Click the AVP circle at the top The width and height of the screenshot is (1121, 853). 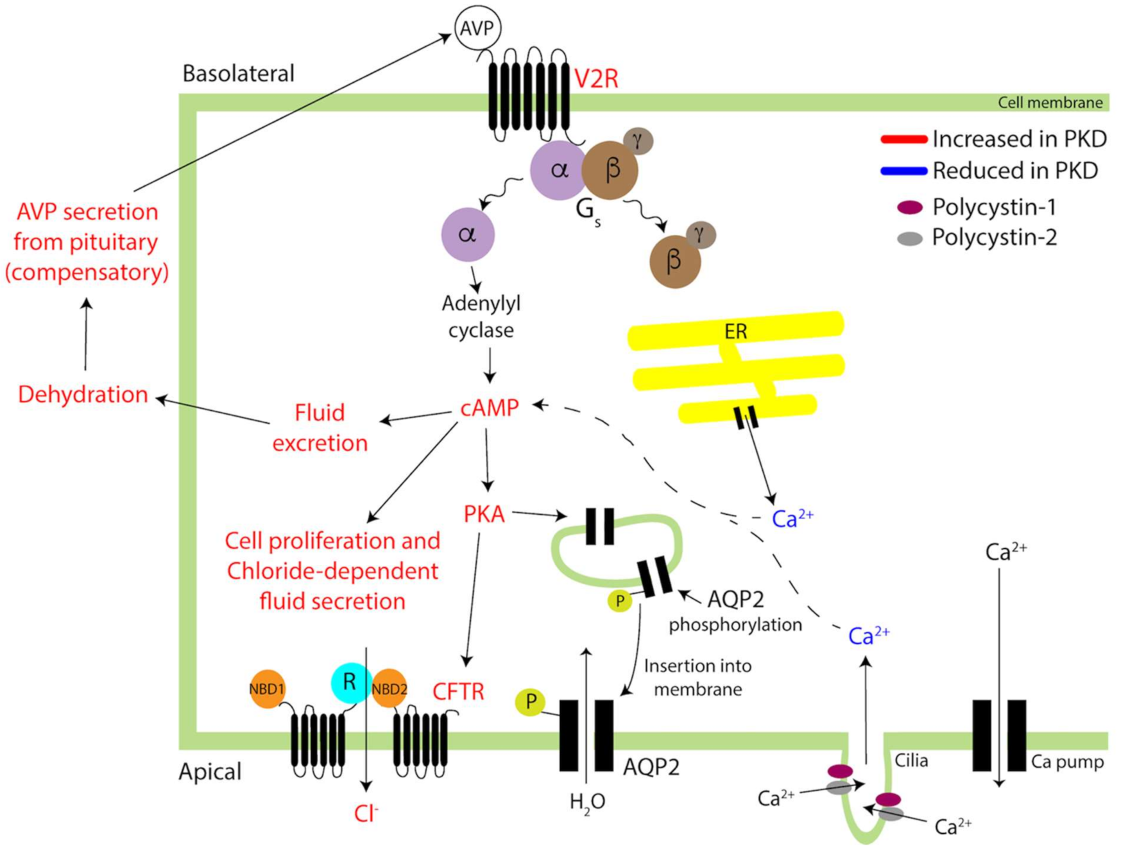[477, 28]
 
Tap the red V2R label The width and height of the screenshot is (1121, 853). [596, 79]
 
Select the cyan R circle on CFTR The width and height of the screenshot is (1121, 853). [350, 682]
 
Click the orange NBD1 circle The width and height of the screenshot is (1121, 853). [267, 689]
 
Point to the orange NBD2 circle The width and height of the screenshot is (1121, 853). [389, 689]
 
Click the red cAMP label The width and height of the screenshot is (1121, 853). [490, 408]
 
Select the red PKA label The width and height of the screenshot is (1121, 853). [484, 514]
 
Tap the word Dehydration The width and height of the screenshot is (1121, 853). [83, 394]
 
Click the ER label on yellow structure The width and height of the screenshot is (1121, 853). [735, 331]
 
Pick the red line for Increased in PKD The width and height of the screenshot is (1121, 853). [903, 139]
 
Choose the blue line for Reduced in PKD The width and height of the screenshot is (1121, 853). [903, 171]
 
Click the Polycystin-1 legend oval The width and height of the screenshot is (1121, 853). [909, 207]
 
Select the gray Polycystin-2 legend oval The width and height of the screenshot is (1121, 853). [909, 239]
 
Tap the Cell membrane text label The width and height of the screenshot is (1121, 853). [1050, 103]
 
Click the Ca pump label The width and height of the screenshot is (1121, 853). [1067, 762]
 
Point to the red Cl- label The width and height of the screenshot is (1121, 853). [366, 814]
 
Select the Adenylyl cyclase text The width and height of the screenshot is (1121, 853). [481, 316]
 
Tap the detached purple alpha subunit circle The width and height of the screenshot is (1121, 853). [468, 234]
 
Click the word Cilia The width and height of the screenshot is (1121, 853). [911, 761]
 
